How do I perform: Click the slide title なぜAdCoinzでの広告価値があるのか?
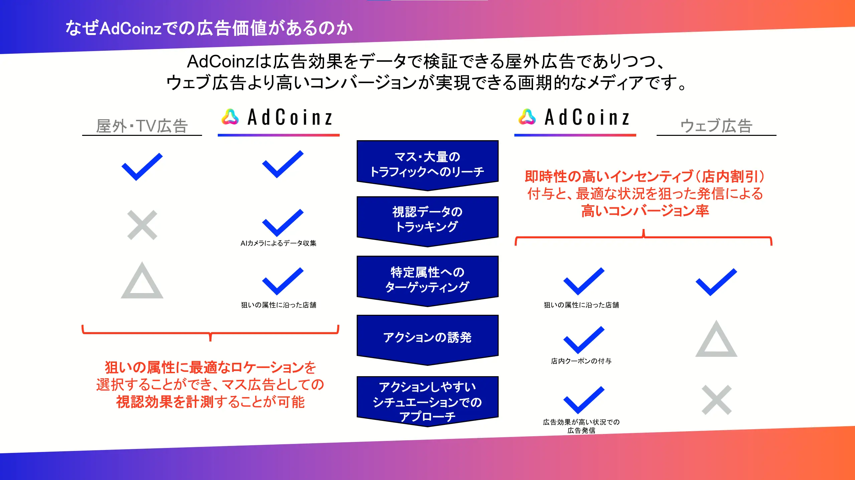click(209, 28)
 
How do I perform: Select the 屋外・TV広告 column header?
click(142, 126)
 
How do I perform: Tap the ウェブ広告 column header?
click(716, 126)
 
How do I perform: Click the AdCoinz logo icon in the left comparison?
click(230, 117)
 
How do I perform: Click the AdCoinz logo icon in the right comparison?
click(527, 117)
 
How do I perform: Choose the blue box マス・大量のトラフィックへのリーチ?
click(427, 165)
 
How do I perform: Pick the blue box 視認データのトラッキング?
click(427, 221)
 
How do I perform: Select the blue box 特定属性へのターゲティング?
click(427, 281)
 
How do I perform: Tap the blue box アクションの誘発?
click(427, 340)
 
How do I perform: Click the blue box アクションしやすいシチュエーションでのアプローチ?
click(427, 401)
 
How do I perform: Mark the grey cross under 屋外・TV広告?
click(142, 225)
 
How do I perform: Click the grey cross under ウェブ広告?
click(717, 400)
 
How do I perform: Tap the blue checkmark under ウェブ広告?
click(716, 282)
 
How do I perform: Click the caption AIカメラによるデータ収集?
click(279, 243)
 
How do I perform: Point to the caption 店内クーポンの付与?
click(581, 361)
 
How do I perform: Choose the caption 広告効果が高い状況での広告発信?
click(581, 426)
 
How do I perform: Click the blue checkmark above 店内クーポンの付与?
click(584, 340)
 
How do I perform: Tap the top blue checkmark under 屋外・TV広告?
click(142, 167)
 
